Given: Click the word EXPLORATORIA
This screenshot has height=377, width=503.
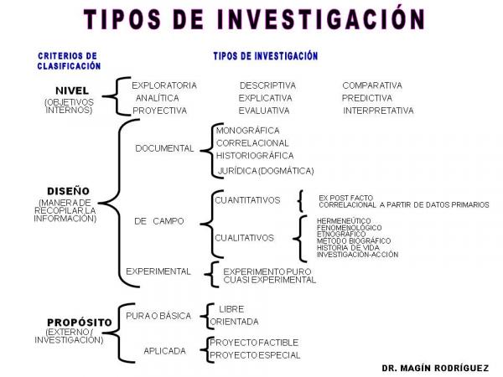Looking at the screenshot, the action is click(x=164, y=85).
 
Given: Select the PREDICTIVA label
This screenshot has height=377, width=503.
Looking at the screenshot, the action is click(x=367, y=98).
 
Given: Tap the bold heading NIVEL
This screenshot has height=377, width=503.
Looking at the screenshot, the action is click(x=72, y=90).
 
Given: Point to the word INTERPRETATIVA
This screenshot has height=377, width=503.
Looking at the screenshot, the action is click(x=378, y=111).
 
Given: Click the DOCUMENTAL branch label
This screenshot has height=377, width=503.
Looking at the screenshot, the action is click(x=164, y=148).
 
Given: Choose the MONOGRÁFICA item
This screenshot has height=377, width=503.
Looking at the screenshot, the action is click(x=247, y=131).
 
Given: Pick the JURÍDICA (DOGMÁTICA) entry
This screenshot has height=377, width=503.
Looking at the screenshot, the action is click(x=266, y=171).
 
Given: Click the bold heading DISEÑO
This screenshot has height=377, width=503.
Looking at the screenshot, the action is click(x=68, y=191).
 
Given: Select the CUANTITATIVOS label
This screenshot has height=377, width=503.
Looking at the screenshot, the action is click(x=247, y=200).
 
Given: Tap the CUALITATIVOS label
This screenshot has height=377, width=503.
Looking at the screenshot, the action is click(x=244, y=238).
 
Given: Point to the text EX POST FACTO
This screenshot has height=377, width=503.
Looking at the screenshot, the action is click(x=345, y=198).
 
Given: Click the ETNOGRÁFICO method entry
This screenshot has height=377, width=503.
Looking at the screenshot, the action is click(x=341, y=234).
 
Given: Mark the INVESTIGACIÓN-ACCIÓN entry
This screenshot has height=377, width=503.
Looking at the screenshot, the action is click(x=357, y=255).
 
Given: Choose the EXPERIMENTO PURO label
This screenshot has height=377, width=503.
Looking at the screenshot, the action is click(x=267, y=271).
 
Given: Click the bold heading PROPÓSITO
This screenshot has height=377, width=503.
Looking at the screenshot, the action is click(x=80, y=323).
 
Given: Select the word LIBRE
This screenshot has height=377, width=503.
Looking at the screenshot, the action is click(x=231, y=309).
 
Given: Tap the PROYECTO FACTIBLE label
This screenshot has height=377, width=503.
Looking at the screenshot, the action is click(x=254, y=343).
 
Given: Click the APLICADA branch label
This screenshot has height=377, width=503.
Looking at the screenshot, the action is click(x=164, y=351).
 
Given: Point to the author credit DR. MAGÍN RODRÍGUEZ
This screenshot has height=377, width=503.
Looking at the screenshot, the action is click(x=435, y=368).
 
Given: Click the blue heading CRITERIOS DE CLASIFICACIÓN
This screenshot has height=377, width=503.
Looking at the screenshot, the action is click(x=69, y=61).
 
